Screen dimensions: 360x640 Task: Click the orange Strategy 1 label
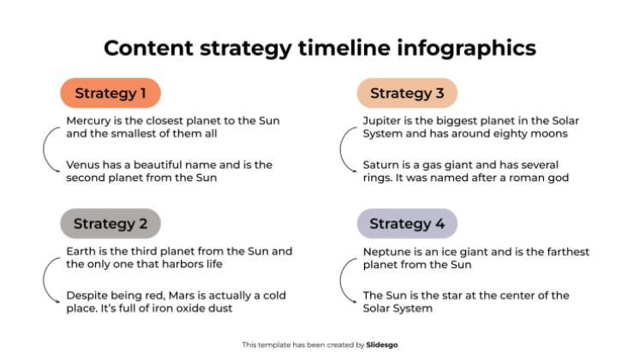[111, 93]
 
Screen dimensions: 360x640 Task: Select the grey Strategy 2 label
[111, 224]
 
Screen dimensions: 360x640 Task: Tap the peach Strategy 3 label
[407, 93]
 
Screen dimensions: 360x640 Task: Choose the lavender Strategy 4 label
[407, 224]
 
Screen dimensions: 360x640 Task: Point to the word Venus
[84, 165]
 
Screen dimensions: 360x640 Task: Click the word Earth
[81, 251]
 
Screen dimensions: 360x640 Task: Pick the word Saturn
[383, 165]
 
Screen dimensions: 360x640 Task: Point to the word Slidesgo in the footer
[382, 345]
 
